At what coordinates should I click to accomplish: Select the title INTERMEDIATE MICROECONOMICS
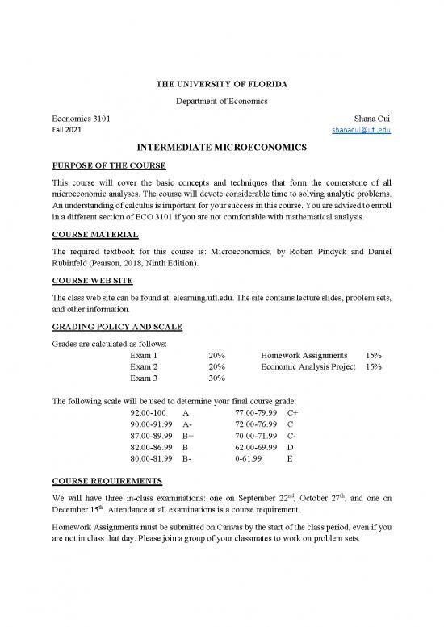pos(221,148)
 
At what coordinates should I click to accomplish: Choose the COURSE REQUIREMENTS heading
pos(107,481)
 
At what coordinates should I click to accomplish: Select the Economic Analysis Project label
pos(308,366)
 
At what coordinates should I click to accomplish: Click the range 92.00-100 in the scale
pos(149,412)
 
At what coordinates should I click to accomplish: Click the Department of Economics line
pos(221,99)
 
